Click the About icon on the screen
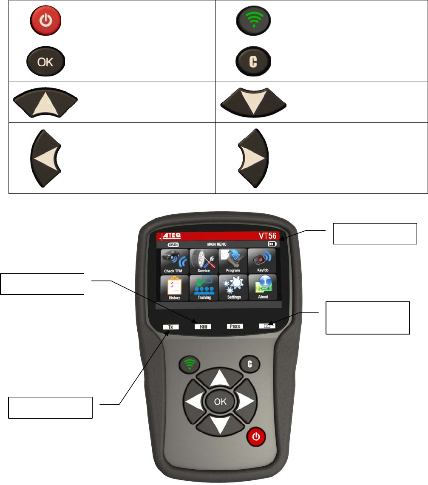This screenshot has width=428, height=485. tap(263, 288)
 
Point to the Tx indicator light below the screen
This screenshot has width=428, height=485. tap(170, 327)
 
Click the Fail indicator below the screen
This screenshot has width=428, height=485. tap(203, 327)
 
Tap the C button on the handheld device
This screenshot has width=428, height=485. tap(250, 363)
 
